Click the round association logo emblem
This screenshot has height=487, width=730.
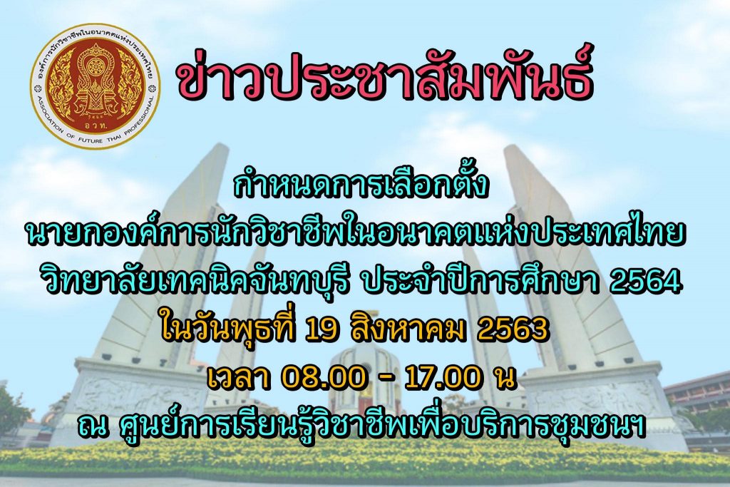[95, 86]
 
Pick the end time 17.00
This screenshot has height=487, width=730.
[442, 378]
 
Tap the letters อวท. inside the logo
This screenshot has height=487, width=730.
[95, 125]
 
